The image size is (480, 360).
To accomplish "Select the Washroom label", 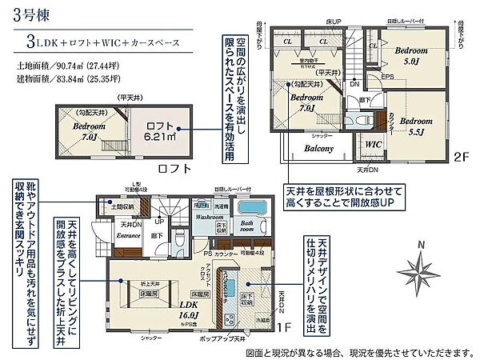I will (x=210, y=217).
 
